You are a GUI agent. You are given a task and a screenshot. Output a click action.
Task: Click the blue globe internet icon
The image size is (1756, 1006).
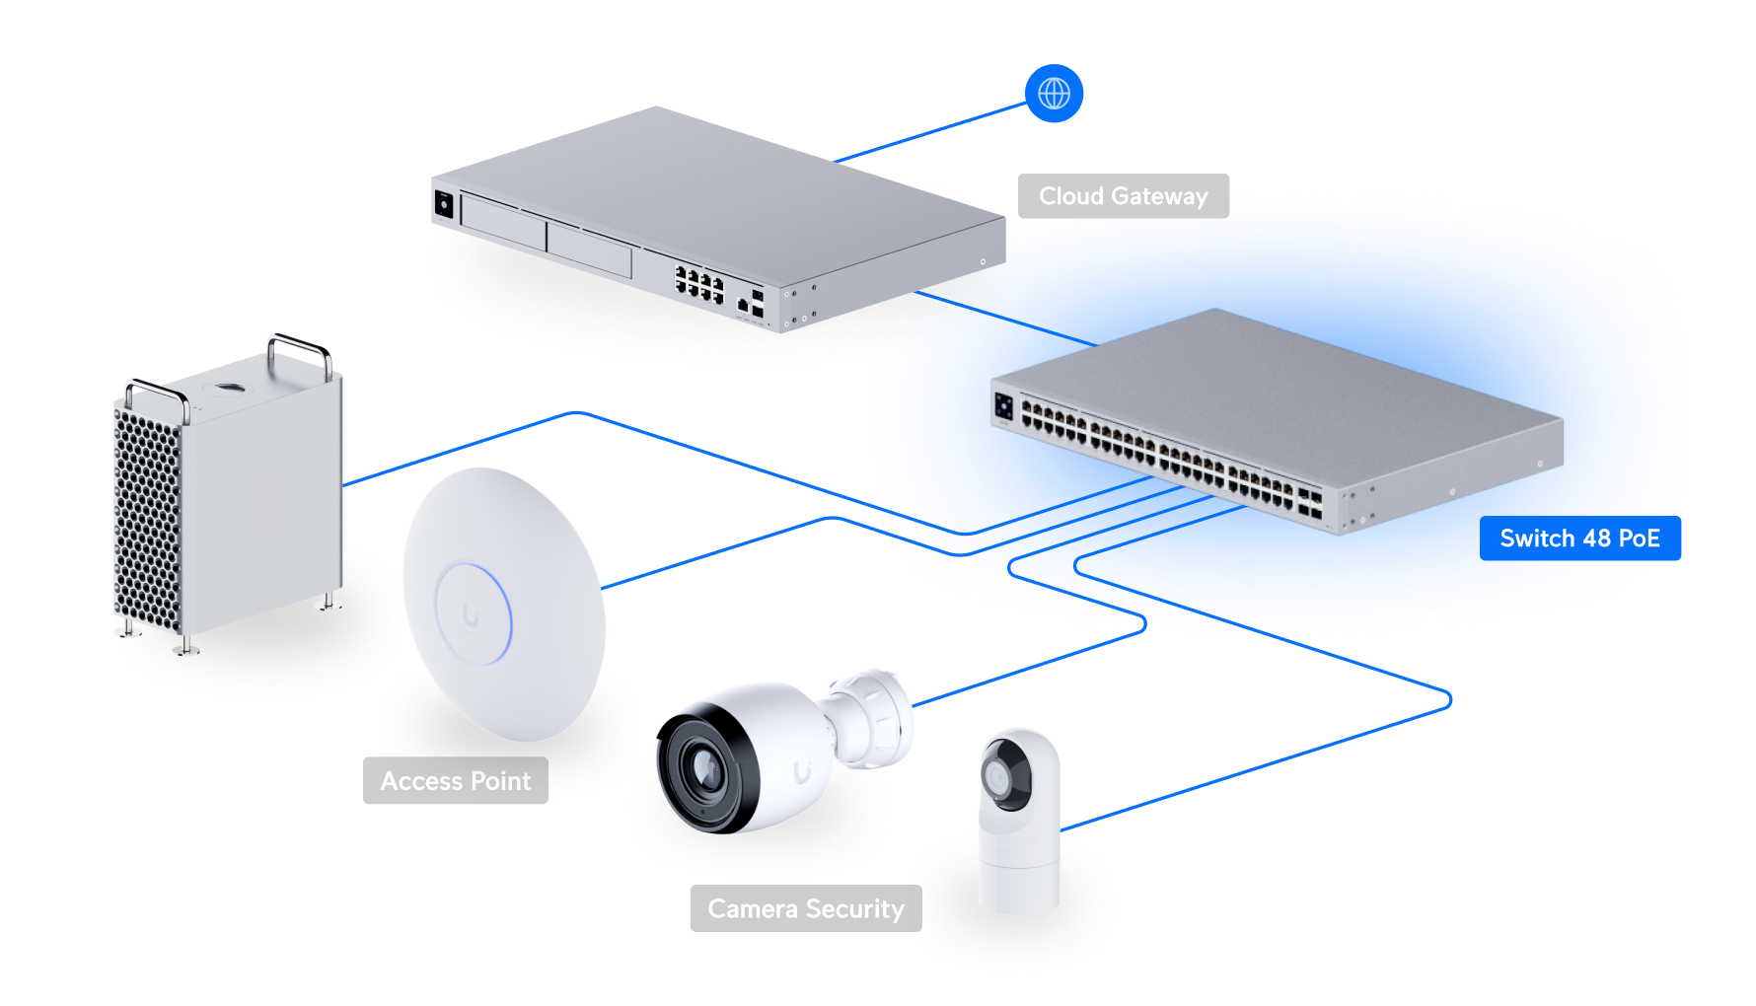1054,94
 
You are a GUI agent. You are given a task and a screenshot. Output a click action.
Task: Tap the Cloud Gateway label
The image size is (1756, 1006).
1123,196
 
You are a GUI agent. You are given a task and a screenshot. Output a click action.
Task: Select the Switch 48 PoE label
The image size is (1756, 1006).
1579,539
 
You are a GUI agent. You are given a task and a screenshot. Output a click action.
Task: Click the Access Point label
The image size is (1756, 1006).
455,781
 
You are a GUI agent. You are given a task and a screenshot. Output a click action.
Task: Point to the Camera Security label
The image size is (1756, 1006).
805,908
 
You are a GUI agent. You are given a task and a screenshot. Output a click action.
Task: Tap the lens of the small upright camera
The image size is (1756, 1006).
1000,779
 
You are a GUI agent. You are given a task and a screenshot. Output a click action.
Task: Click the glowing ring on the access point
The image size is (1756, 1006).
474,613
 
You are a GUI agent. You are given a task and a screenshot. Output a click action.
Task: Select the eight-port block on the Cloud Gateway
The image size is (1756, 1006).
698,283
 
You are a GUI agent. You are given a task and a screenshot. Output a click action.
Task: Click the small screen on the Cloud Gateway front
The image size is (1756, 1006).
444,204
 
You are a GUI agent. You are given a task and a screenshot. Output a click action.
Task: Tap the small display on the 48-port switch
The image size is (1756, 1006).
1004,405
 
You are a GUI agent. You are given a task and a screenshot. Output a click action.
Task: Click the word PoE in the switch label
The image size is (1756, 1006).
1640,539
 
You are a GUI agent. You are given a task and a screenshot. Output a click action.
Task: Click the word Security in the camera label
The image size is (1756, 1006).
854,908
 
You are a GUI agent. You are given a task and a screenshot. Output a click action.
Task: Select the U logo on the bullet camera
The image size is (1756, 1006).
803,771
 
